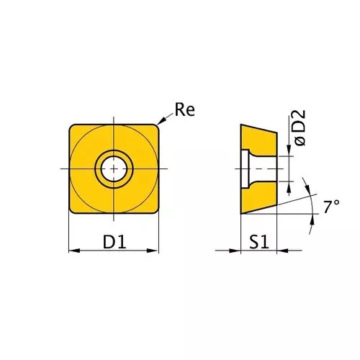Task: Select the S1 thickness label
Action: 259,242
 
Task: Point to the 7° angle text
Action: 330,207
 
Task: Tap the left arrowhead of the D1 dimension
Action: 73,251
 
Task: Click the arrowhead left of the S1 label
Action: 235,251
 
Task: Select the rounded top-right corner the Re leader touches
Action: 154,127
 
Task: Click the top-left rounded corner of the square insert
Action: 72,127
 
